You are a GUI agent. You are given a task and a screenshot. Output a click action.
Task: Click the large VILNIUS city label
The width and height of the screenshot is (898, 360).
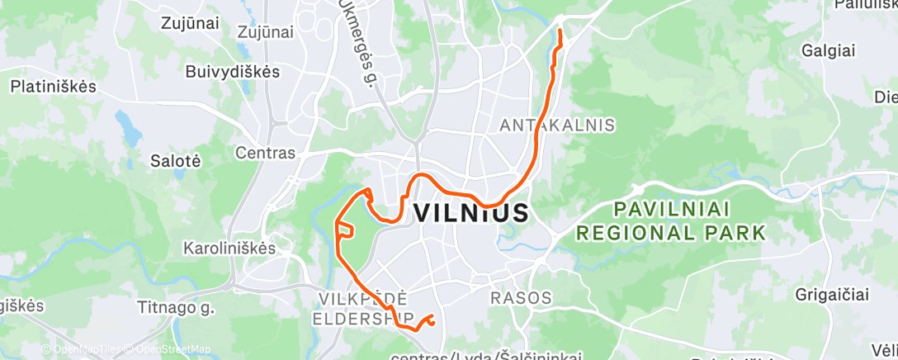tap(470, 213)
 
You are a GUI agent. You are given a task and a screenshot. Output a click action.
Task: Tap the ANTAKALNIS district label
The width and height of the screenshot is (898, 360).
tap(558, 126)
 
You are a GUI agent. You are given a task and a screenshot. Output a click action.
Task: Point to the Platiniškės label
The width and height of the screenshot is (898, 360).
tap(54, 86)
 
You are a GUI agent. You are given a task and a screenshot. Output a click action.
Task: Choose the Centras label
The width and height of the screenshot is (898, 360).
tap(265, 153)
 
